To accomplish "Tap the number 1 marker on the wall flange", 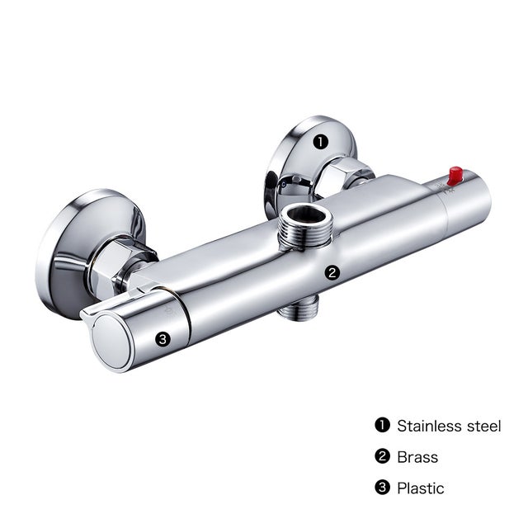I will click(x=321, y=142).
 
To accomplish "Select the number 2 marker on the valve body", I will click(x=332, y=271).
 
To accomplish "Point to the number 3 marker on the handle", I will click(x=163, y=337).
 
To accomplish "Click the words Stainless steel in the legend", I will click(x=448, y=426).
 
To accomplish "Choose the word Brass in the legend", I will click(x=417, y=457).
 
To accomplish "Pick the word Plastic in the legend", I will click(x=420, y=488).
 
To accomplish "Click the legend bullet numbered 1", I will click(x=381, y=426).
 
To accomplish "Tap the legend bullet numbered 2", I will click(x=381, y=457).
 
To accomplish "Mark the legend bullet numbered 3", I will click(x=381, y=488).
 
